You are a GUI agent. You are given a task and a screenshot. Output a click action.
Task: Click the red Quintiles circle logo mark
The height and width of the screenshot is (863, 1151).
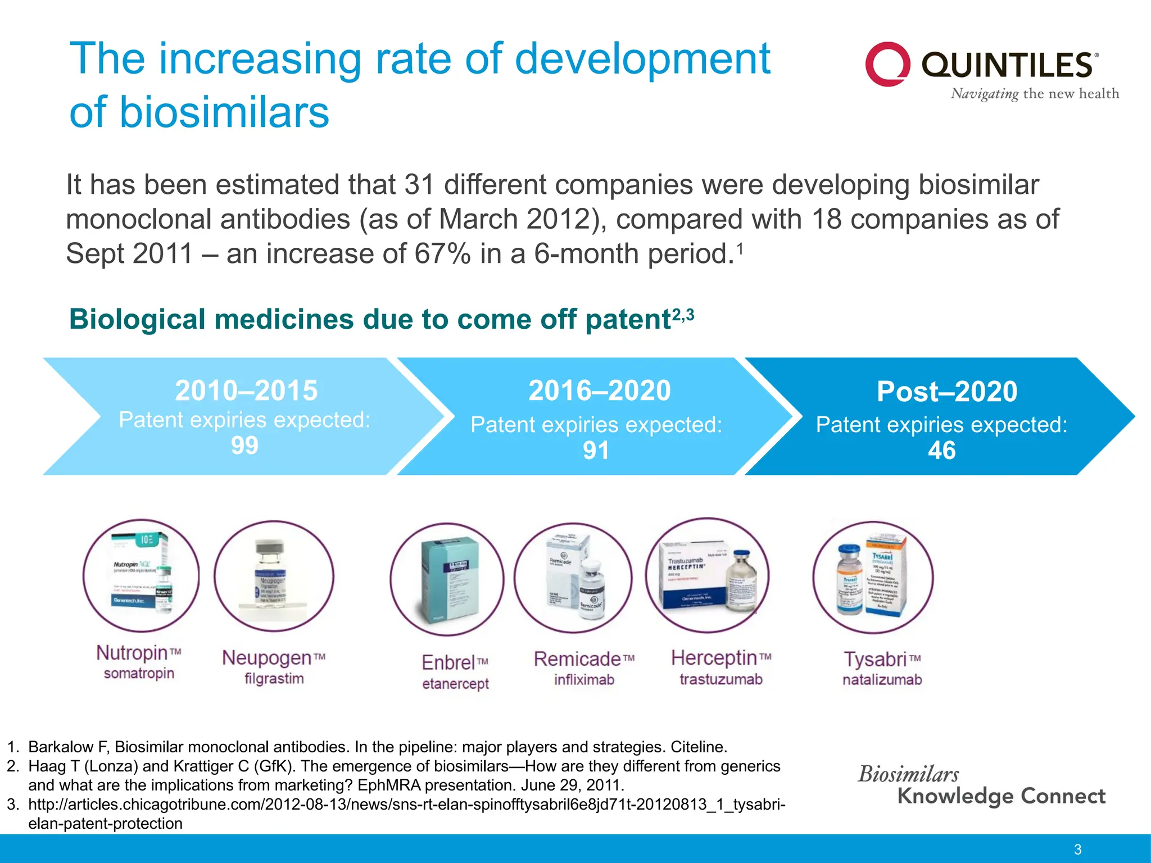(887, 64)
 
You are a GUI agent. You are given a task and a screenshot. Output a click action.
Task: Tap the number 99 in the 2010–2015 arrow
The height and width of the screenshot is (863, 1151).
(244, 446)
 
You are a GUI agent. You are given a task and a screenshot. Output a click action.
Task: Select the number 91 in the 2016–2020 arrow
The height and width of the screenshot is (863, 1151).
(596, 450)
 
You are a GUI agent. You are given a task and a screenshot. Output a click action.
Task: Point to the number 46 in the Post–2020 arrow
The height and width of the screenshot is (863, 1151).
(942, 450)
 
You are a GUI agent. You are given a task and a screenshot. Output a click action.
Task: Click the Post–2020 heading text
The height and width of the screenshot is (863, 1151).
(947, 392)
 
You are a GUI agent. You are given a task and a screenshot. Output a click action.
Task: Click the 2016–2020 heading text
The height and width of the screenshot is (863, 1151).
(600, 390)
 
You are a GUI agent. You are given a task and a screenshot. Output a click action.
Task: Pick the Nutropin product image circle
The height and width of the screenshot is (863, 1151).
(141, 575)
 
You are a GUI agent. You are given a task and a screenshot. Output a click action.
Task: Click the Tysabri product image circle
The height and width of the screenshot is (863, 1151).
(873, 578)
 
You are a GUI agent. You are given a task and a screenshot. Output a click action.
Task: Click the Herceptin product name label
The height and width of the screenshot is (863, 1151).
(714, 658)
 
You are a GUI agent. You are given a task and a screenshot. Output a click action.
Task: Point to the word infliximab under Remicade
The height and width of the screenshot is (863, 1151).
(584, 680)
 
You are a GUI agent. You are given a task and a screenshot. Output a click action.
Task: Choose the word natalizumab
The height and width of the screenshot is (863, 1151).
(882, 680)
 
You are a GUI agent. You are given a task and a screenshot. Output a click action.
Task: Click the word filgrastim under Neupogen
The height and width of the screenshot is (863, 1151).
(274, 679)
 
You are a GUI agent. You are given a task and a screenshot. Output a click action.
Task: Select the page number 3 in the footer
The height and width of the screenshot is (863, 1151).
(1077, 850)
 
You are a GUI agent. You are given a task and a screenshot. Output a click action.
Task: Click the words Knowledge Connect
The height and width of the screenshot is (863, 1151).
(1001, 796)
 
